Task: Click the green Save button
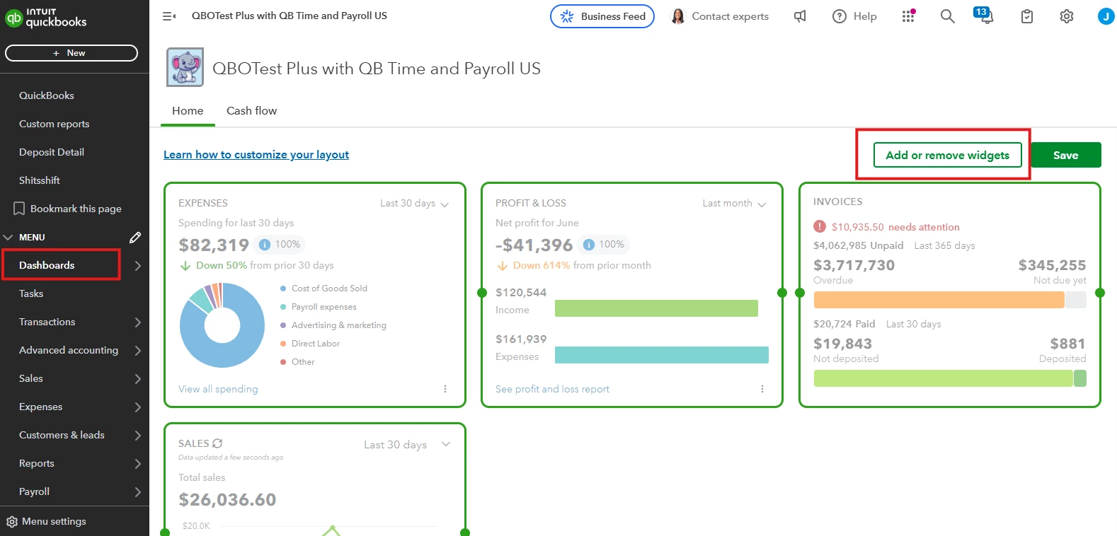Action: [x=1065, y=155]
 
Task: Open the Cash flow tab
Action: [x=251, y=110]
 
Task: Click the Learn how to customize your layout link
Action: [x=256, y=154]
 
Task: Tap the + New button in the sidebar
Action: [x=71, y=53]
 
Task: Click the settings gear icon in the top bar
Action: [x=1066, y=16]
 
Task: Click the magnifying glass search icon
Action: [x=947, y=16]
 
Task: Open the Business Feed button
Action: [x=602, y=16]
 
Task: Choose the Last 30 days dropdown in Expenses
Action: [x=414, y=203]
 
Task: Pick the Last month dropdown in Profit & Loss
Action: [x=734, y=203]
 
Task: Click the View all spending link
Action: [x=218, y=389]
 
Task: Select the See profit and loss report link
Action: [x=552, y=389]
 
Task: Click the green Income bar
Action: [x=656, y=308]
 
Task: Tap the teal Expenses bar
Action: [x=661, y=355]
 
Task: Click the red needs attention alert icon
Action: [x=819, y=227]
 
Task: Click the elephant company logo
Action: [x=185, y=67]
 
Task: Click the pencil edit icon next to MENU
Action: [x=134, y=237]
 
